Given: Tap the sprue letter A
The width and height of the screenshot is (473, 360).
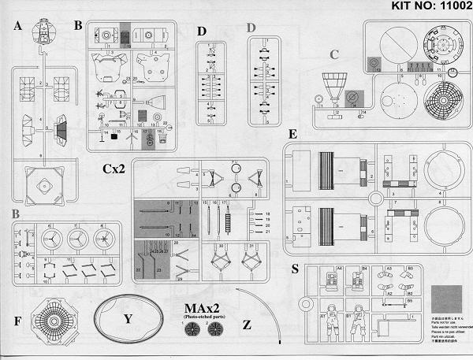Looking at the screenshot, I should coord(17,25).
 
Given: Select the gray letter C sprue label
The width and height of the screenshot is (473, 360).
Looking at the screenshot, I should coord(335,54).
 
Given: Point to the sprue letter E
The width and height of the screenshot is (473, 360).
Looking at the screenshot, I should coord(293,135).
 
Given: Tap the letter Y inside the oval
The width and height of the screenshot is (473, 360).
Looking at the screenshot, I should coord(127,320).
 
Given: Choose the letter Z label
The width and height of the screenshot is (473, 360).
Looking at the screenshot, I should coord(248,324).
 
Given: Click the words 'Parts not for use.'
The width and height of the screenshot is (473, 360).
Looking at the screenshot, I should coord(446,323).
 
